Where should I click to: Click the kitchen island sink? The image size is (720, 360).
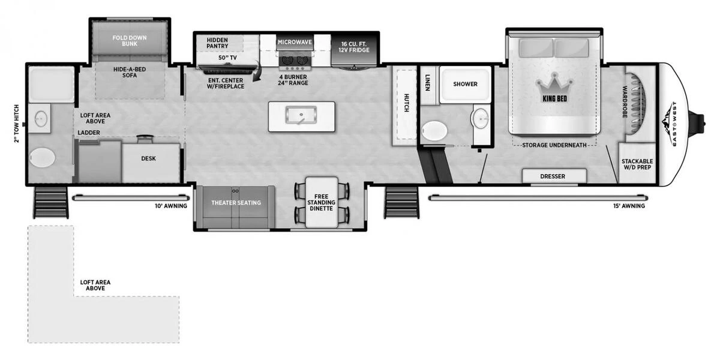click(x=301, y=115)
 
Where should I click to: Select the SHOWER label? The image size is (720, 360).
click(x=465, y=84)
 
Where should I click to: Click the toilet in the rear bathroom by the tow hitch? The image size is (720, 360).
click(x=42, y=157)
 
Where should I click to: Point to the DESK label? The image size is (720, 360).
click(x=149, y=158)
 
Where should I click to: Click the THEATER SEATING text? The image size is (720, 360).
click(x=236, y=203)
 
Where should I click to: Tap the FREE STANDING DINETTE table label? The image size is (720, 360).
click(x=321, y=203)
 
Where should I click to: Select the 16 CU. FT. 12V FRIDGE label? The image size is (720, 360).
click(x=353, y=47)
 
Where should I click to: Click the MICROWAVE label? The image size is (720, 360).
click(x=295, y=42)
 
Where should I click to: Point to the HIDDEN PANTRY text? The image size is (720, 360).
click(x=217, y=43)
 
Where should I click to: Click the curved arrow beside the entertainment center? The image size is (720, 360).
click(x=257, y=74)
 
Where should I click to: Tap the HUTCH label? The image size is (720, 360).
click(x=406, y=103)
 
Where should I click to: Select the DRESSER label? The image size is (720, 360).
click(x=553, y=176)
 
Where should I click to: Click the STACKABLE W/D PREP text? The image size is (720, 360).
click(x=637, y=164)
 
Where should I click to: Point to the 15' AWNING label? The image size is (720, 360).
click(x=629, y=206)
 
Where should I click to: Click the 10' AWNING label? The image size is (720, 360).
click(x=171, y=206)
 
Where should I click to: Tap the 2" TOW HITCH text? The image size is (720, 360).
click(x=17, y=124)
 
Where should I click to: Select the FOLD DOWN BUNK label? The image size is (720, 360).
click(x=130, y=41)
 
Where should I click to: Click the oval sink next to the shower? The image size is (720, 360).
click(x=479, y=118)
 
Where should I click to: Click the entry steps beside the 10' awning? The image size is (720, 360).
click(x=51, y=203)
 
